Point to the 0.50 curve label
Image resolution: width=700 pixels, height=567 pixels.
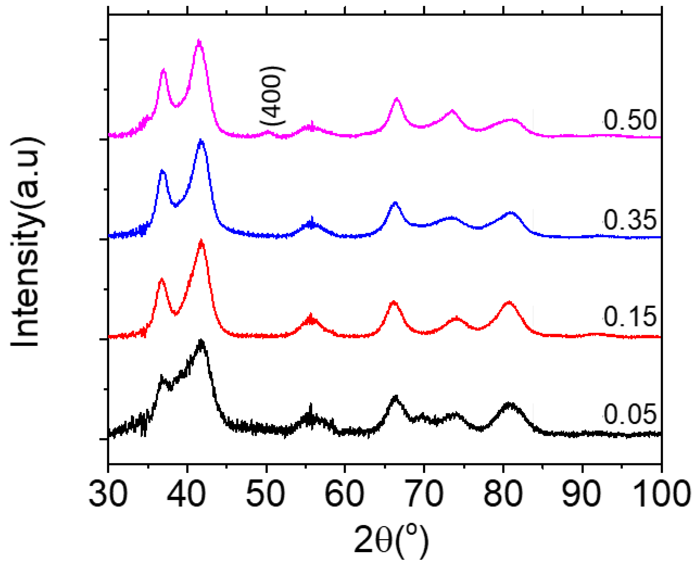(629, 120)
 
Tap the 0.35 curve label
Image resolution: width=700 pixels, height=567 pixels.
(629, 220)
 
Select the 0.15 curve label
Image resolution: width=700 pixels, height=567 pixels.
(629, 316)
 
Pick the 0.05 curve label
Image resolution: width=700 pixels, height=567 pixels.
(629, 414)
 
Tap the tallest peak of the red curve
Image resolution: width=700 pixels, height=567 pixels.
(201, 242)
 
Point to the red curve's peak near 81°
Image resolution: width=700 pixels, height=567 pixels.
(508, 303)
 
